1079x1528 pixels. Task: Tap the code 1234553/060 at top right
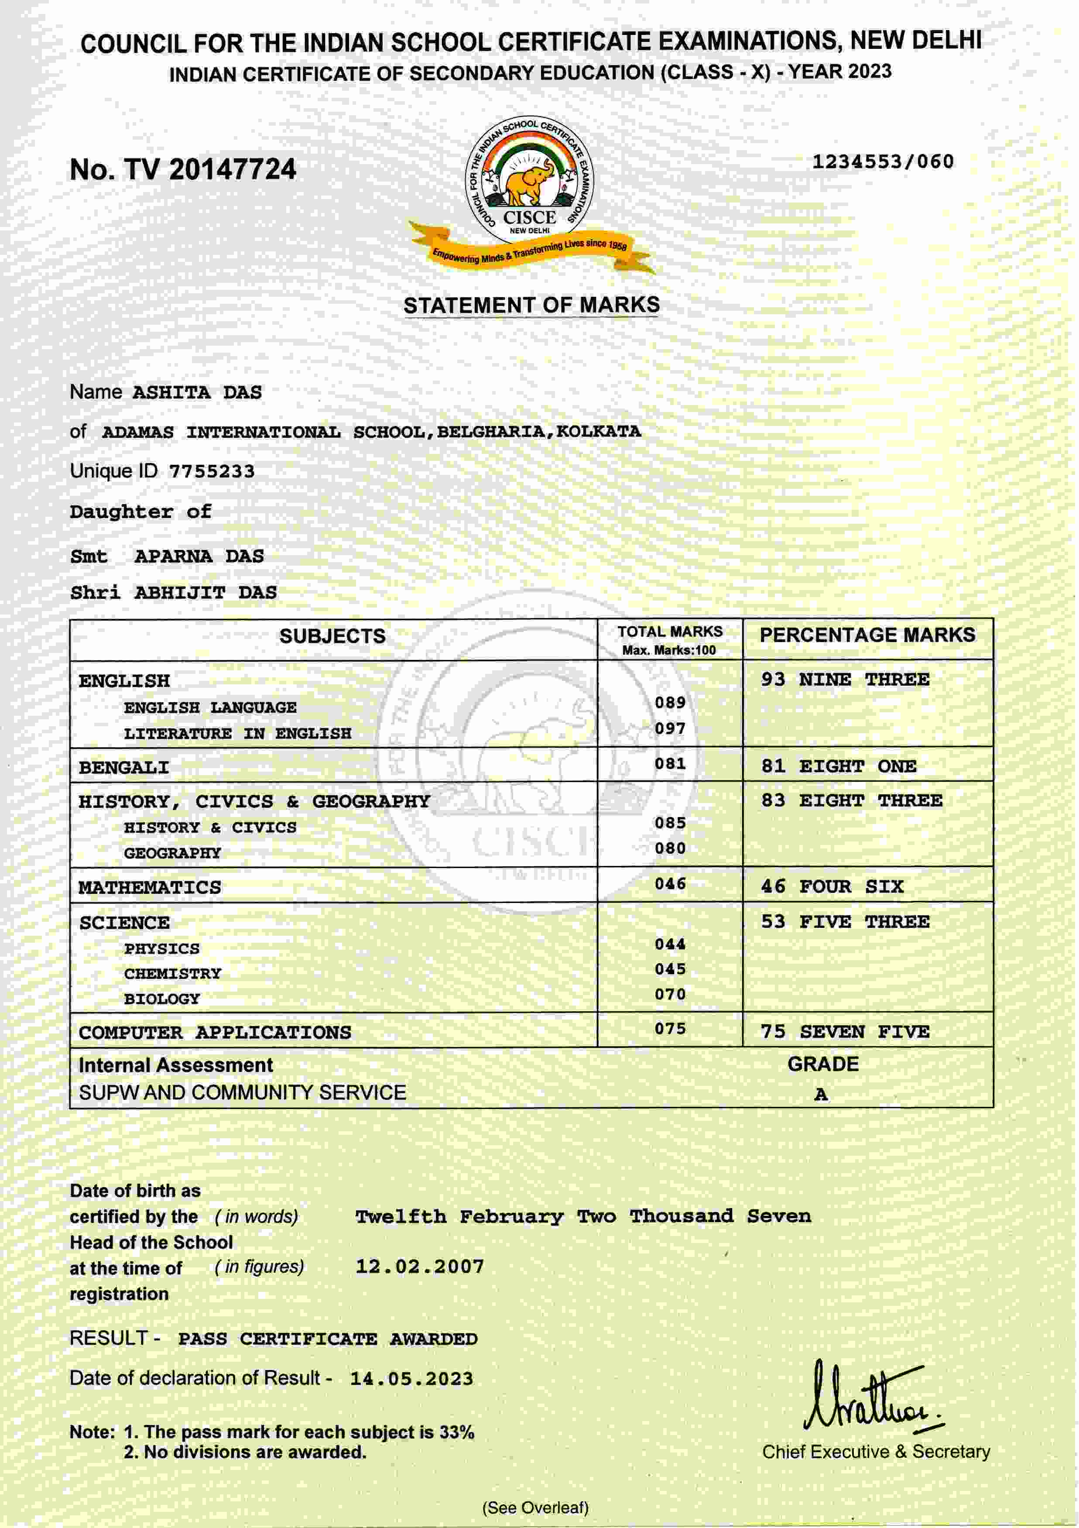pos(883,162)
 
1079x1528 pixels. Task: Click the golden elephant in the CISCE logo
pos(528,182)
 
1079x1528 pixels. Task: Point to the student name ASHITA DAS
pos(197,393)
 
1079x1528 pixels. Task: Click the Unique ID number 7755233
pos(212,472)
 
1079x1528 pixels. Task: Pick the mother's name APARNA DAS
pos(199,556)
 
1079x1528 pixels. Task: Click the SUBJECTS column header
pos(332,636)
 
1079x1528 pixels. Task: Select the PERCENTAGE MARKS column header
pos(867,635)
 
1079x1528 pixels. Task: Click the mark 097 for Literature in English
pos(669,729)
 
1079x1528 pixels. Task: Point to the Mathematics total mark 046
pos(669,884)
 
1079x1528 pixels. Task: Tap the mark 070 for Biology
pos(669,994)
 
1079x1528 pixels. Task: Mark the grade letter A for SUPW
pos(821,1095)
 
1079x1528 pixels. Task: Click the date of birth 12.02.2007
pos(420,1267)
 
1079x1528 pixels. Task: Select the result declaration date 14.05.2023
pos(412,1378)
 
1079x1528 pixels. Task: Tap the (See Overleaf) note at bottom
pos(535,1507)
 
